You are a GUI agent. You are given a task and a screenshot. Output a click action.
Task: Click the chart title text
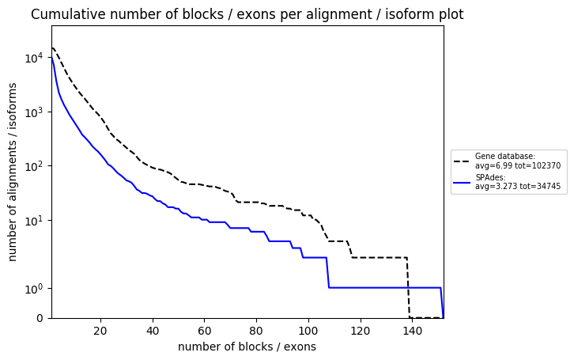(247, 14)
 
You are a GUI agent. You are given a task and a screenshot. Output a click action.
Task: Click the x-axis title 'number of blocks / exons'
(247, 347)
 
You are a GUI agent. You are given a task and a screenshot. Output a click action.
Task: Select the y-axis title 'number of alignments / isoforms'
(13, 172)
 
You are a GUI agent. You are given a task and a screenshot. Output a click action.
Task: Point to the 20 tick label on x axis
(100, 331)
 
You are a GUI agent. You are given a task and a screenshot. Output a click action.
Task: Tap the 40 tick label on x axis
(153, 331)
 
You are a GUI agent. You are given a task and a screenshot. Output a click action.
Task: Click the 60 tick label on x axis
(204, 331)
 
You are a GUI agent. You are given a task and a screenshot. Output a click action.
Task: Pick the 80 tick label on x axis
(256, 331)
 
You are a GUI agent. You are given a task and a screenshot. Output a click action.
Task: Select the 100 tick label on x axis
(308, 331)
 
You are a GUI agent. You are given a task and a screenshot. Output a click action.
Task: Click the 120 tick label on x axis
(361, 331)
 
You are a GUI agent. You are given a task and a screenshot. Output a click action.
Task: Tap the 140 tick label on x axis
(412, 331)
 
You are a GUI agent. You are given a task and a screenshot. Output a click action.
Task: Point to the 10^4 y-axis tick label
(34, 58)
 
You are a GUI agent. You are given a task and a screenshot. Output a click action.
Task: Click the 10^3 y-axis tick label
(34, 112)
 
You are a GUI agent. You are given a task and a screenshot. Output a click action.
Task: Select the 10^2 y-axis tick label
(34, 166)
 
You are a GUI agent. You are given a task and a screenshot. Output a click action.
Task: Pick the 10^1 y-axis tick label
(34, 221)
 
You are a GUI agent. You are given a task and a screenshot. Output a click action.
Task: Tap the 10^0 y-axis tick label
(34, 289)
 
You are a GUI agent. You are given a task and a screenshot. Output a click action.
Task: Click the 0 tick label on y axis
(40, 318)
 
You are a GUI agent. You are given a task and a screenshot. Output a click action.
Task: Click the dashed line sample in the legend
(462, 161)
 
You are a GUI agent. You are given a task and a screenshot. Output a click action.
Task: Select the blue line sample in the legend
(462, 182)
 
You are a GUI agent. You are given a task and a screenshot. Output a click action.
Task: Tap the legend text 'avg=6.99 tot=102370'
(518, 165)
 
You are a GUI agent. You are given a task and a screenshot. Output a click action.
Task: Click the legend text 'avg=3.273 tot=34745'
(518, 186)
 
